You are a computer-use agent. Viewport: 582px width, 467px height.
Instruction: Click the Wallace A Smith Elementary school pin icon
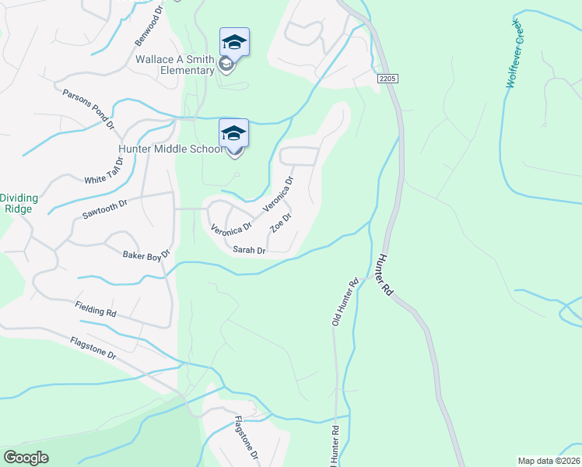coord(234,43)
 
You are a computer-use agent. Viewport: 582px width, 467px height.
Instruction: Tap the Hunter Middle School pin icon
coord(234,133)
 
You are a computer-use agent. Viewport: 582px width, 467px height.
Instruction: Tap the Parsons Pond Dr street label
coord(89,109)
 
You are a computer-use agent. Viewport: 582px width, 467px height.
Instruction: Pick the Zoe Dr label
coord(280,223)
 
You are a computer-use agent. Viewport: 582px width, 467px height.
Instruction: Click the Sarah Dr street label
coord(250,251)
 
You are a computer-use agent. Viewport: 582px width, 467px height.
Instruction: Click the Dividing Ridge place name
coord(19,203)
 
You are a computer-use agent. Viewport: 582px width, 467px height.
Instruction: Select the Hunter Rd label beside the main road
coord(386,276)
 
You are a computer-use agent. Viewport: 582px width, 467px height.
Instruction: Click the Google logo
coord(26,458)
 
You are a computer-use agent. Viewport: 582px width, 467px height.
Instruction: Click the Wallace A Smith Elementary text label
coord(175,65)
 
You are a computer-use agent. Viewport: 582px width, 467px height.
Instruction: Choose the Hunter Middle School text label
coord(170,149)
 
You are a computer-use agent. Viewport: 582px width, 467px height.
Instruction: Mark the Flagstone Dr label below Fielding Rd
coord(93,347)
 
